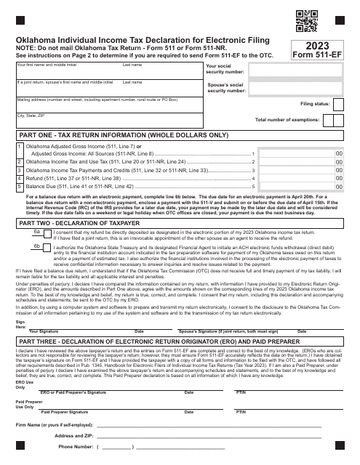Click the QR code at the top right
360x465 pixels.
coord(332,18)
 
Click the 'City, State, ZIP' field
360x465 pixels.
coord(102,121)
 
